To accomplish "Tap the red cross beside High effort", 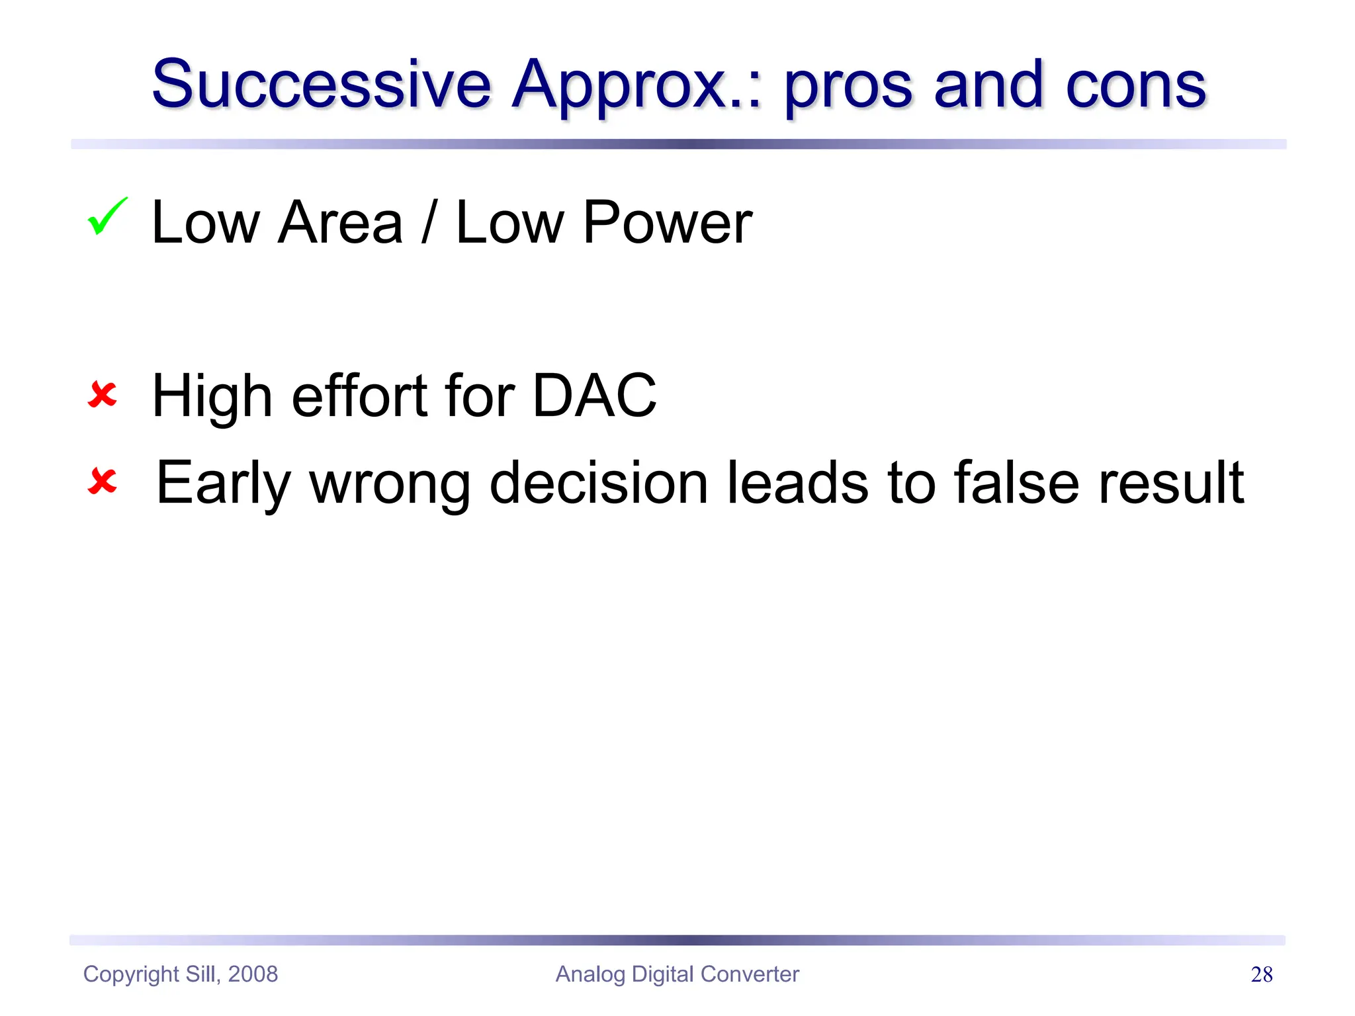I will tap(103, 395).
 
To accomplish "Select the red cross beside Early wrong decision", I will tap(103, 482).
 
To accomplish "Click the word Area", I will tap(340, 223).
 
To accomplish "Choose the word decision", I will tap(598, 483).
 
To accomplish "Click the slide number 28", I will tap(1261, 974).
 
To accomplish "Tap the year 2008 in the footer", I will tap(253, 974).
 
